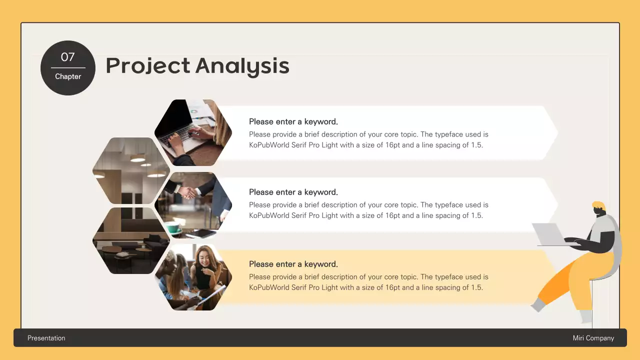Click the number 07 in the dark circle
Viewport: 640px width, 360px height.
click(67, 57)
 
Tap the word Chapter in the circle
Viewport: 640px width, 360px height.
click(68, 76)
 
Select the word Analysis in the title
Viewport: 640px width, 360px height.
click(242, 66)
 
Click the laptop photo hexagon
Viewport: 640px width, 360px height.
click(193, 132)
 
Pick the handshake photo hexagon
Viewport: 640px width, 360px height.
click(193, 205)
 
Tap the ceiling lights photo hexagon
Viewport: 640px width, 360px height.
click(131, 170)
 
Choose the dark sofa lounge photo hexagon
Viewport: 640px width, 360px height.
click(131, 240)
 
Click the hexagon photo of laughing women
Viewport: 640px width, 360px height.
click(193, 277)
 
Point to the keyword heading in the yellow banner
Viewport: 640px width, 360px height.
click(293, 264)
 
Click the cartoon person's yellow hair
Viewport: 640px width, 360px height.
click(598, 206)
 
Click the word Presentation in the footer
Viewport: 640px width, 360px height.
click(46, 338)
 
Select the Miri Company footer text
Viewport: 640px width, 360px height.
click(593, 338)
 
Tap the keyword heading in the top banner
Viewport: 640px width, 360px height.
click(293, 121)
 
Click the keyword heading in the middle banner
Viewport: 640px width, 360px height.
click(293, 192)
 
